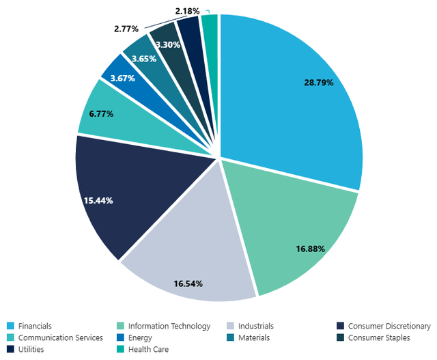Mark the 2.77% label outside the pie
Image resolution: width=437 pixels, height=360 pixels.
point(126,29)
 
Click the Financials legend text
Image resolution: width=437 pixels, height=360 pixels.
point(35,326)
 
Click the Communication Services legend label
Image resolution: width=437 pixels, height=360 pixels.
point(61,337)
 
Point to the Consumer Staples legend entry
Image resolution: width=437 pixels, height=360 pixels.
point(379,337)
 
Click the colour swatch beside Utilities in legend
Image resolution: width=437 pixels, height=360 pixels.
point(10,349)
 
